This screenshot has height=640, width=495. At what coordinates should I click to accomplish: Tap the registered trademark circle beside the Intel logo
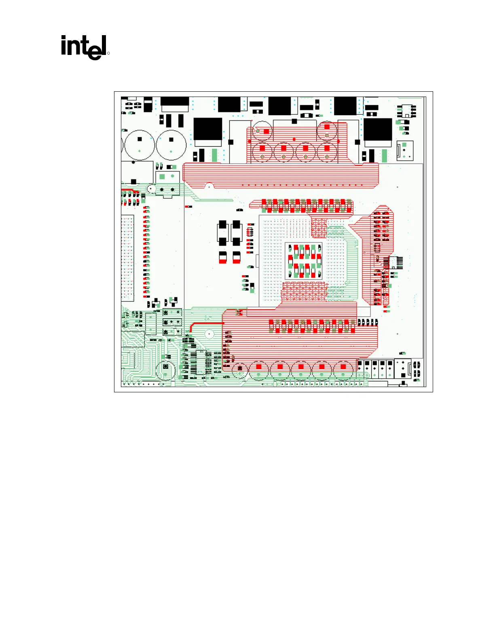click(x=108, y=53)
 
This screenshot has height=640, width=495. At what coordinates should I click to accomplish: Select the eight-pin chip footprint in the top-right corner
click(x=405, y=110)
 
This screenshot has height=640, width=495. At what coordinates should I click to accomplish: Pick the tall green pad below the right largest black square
click(x=384, y=156)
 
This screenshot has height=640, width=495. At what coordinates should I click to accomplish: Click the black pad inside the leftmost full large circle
click(x=140, y=139)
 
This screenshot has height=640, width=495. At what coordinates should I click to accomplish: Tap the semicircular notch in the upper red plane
click(x=209, y=186)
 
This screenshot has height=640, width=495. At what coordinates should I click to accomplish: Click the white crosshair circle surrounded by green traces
click(x=209, y=334)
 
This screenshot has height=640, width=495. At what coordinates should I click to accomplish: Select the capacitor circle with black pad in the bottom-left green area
click(x=165, y=369)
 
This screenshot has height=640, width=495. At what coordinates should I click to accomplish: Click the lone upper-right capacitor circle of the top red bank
click(x=327, y=130)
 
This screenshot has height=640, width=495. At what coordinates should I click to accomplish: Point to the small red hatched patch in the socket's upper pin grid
click(x=319, y=228)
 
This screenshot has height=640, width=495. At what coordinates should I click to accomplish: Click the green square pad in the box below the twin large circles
click(x=162, y=177)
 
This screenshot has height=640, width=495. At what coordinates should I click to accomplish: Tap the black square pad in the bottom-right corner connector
click(x=403, y=382)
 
